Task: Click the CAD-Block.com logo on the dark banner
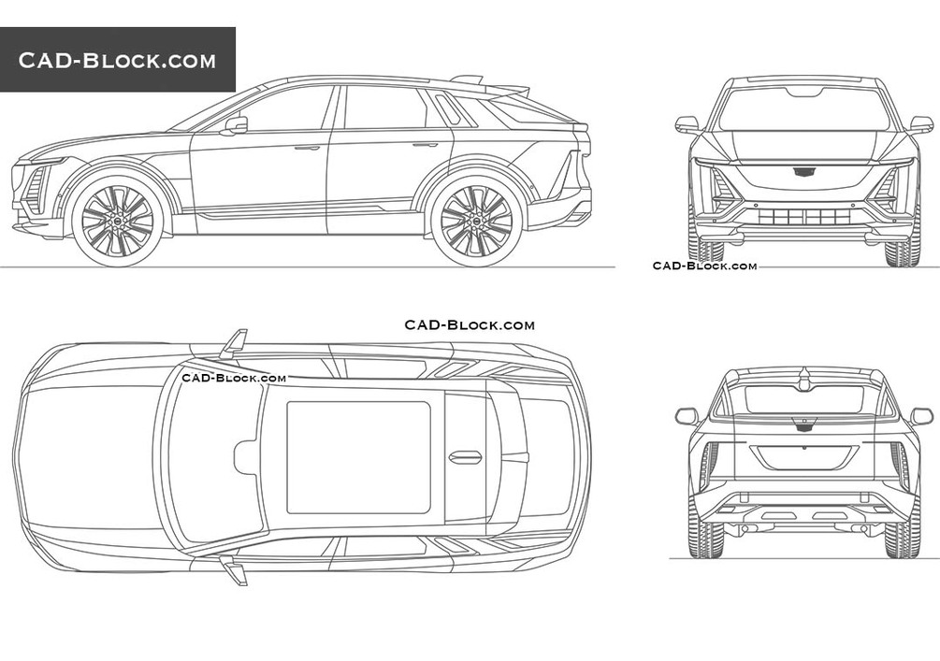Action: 117,61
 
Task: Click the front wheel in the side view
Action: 117,221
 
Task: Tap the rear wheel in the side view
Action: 476,221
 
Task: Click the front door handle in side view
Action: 307,148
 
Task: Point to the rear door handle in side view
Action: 425,145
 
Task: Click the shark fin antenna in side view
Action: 467,79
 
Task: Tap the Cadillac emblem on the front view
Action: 803,171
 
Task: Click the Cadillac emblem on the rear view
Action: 803,424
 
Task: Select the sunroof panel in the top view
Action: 358,457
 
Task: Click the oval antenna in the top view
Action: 465,457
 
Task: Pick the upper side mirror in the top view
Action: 233,344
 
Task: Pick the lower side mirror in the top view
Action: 233,569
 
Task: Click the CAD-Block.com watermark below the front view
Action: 704,266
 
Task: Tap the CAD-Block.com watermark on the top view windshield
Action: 234,378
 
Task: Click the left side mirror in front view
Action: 687,123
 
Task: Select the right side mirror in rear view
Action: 921,416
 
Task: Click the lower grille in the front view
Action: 803,217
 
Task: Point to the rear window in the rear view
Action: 803,399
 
